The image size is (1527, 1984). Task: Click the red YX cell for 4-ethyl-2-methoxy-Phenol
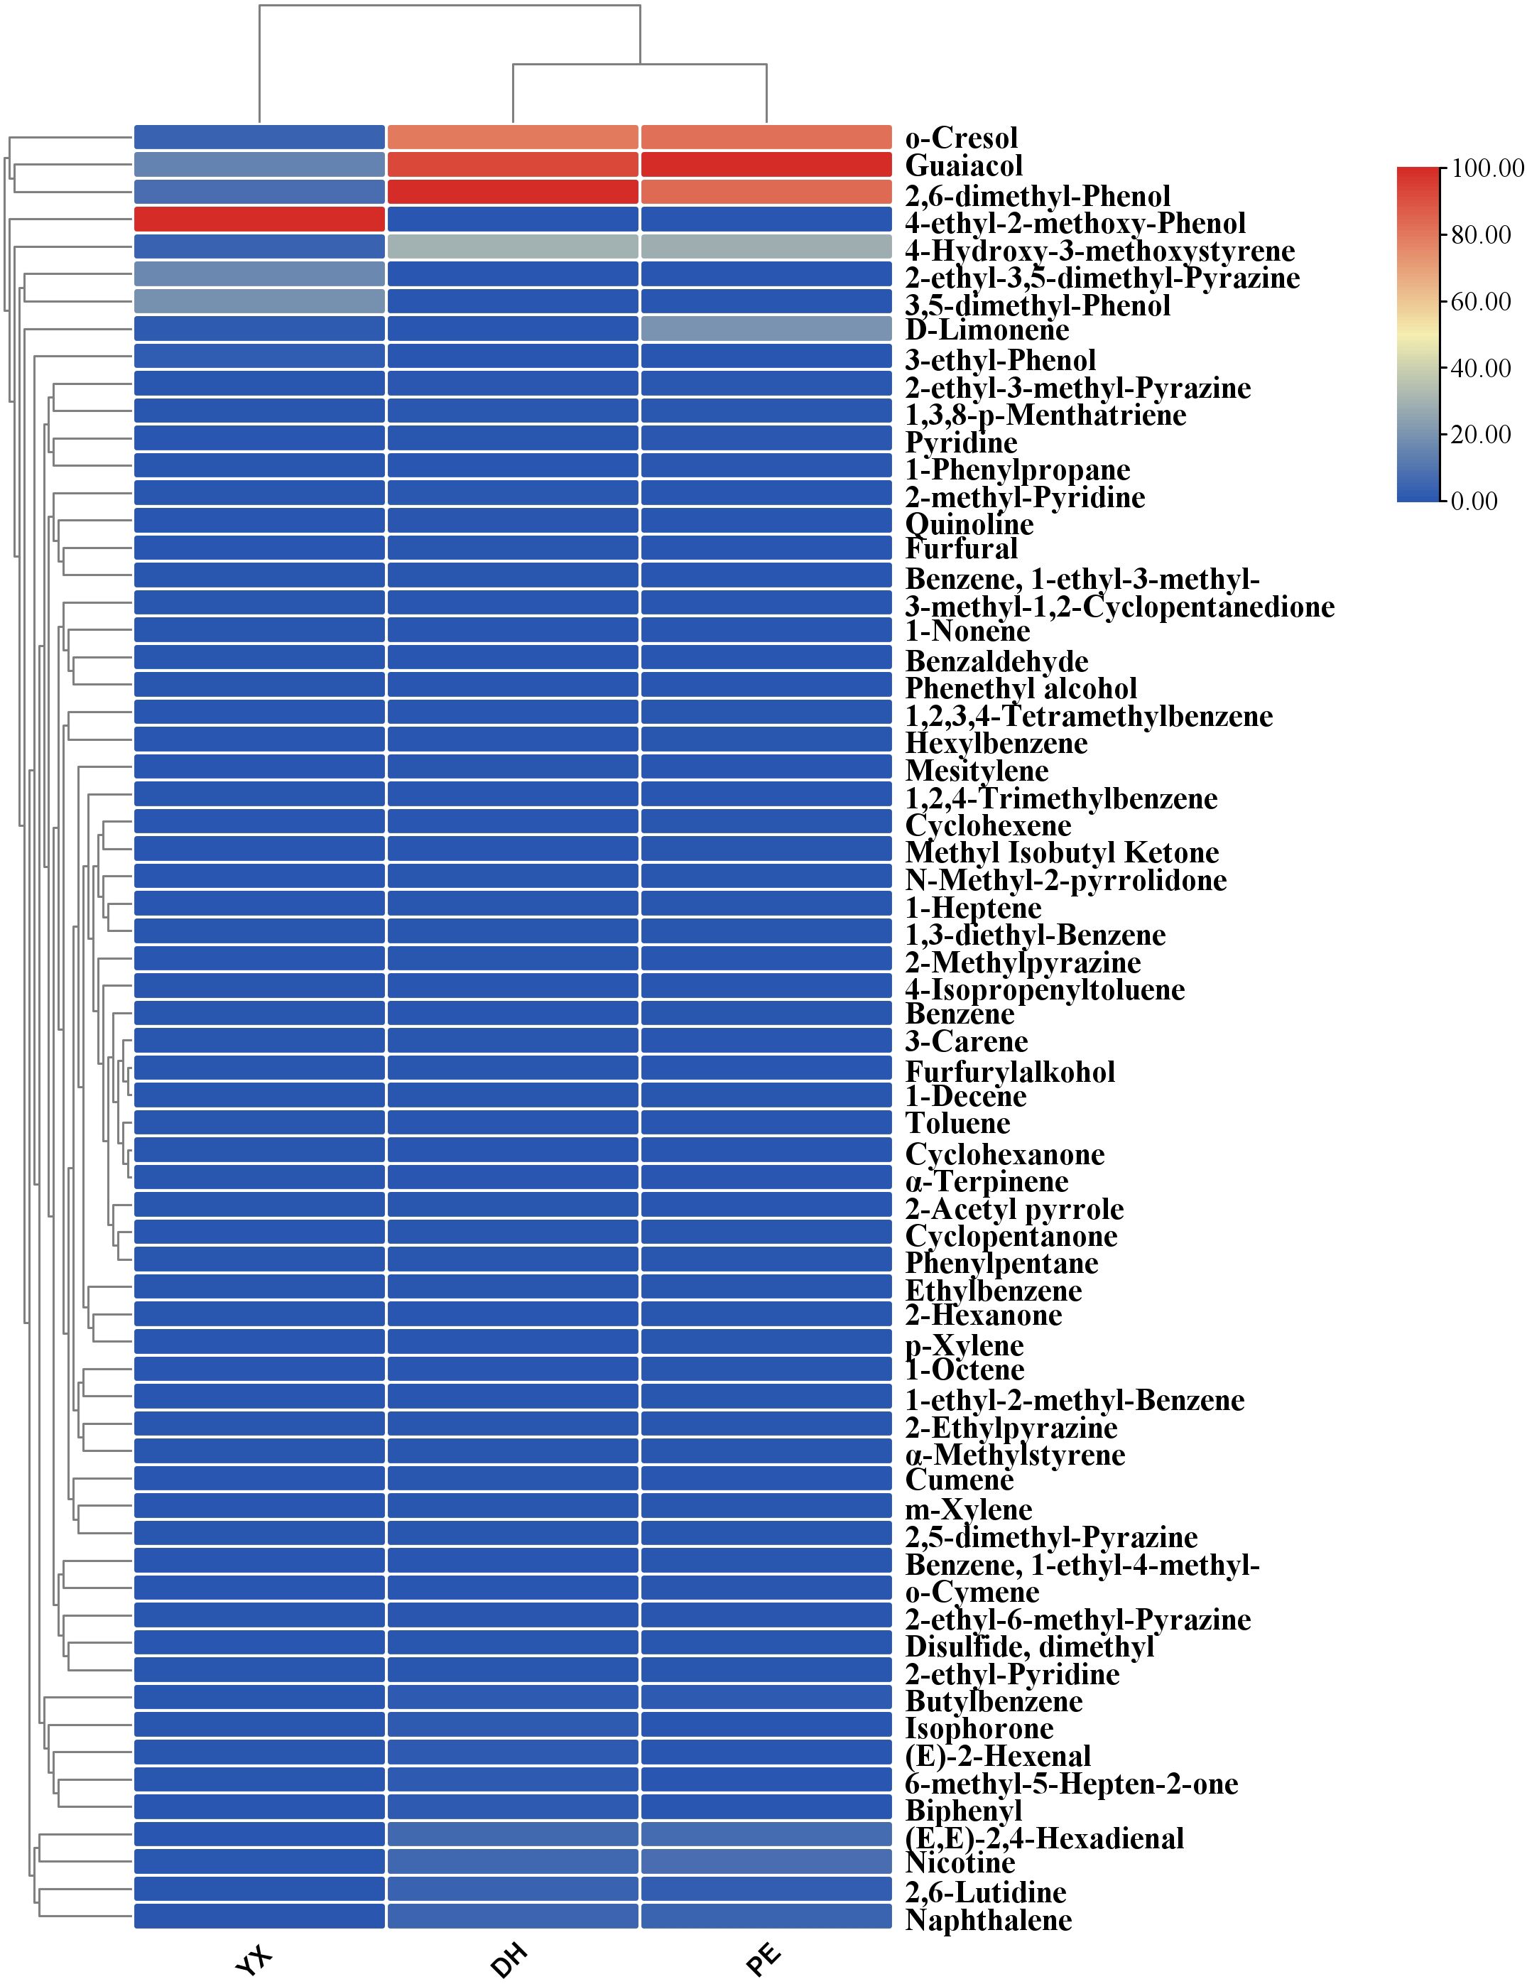(x=259, y=219)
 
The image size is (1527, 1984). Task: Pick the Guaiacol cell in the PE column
(x=766, y=164)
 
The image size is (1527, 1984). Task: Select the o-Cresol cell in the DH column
(x=512, y=137)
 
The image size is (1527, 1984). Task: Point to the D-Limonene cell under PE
(x=766, y=329)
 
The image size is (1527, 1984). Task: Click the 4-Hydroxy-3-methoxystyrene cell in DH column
(x=512, y=247)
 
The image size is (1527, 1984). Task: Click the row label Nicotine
(x=960, y=1863)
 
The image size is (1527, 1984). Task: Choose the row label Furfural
(x=961, y=548)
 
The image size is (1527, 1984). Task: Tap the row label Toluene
(x=957, y=1124)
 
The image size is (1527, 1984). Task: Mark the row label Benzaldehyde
(x=996, y=661)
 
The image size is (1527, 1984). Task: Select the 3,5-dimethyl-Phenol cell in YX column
(x=259, y=302)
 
